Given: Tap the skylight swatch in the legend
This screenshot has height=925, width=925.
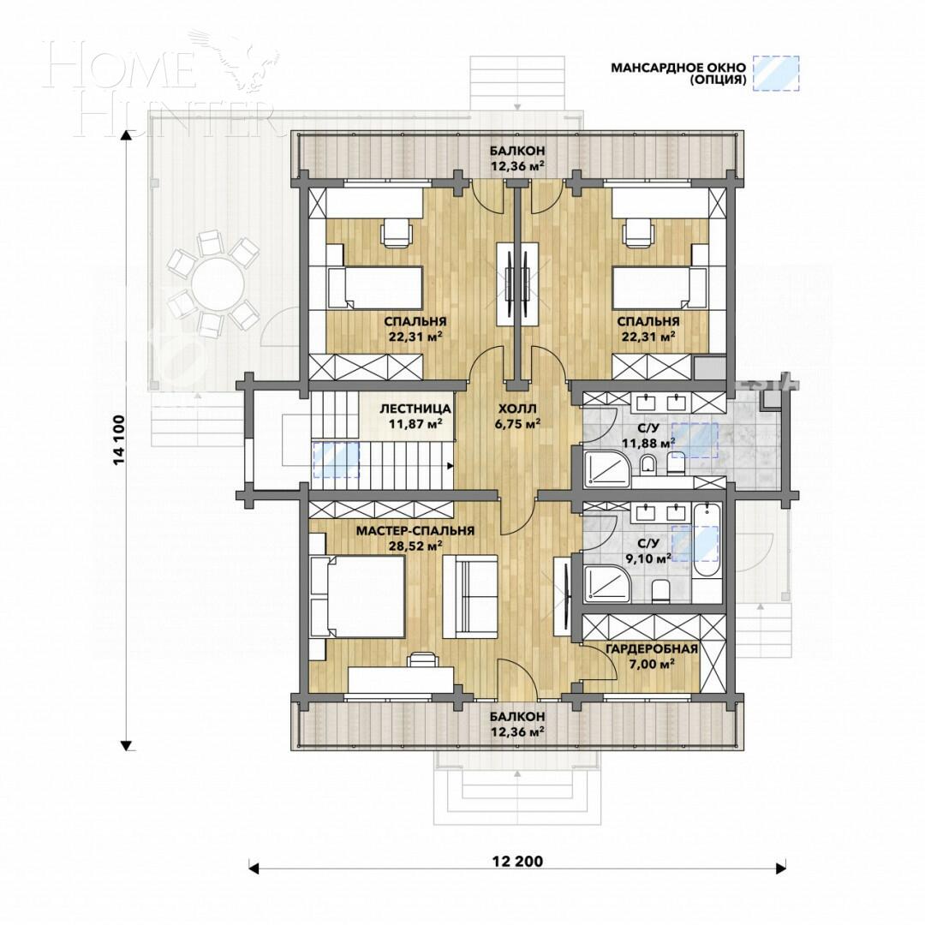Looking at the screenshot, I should click(776, 74).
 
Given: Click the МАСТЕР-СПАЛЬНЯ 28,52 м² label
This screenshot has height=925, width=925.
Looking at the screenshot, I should click(415, 537).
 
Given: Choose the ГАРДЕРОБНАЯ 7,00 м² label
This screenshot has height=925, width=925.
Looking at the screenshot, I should click(652, 655).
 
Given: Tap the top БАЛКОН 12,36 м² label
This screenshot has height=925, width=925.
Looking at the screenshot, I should click(516, 158).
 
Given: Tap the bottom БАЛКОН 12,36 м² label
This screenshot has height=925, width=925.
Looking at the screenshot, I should click(516, 723).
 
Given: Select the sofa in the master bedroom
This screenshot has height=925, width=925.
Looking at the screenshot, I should click(469, 595).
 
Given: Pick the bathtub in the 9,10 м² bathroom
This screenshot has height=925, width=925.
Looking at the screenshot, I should click(707, 552).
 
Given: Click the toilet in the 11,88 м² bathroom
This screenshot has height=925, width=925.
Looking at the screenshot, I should click(648, 463).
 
